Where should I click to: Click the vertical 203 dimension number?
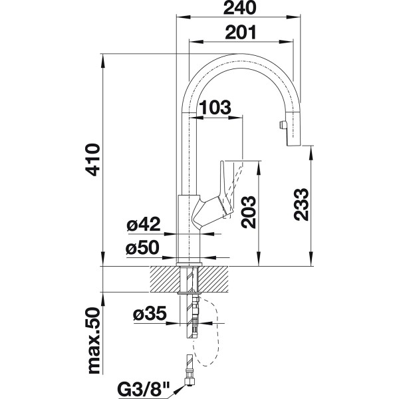pyautogui.click(x=247, y=212)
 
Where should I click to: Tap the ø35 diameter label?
pyautogui.click(x=150, y=313)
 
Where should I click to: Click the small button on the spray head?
pyautogui.click(x=279, y=124)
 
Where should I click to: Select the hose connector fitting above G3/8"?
pyautogui.click(x=189, y=364)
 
